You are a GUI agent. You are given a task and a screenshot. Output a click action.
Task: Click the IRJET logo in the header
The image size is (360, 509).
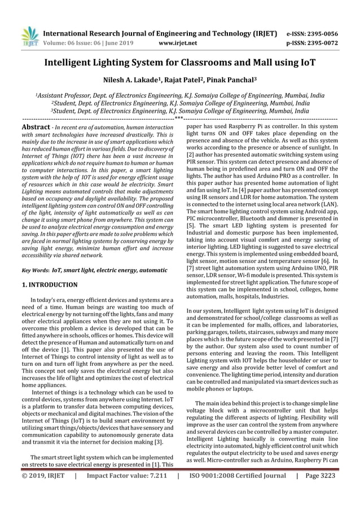29,35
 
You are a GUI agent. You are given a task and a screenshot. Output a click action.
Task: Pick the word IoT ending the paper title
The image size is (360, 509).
302,64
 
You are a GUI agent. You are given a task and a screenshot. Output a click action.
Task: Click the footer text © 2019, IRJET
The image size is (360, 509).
43,492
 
